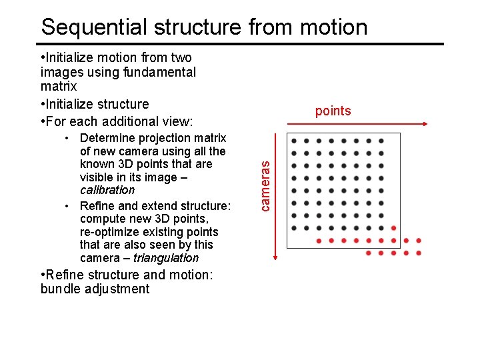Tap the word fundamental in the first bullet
[x=161, y=72]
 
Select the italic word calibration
[x=107, y=191]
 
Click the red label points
[x=333, y=111]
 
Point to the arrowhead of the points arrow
[x=425, y=124]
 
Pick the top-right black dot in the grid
[x=381, y=141]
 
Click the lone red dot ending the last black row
[x=393, y=228]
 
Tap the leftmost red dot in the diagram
[x=319, y=241]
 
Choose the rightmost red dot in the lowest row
[x=419, y=253]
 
